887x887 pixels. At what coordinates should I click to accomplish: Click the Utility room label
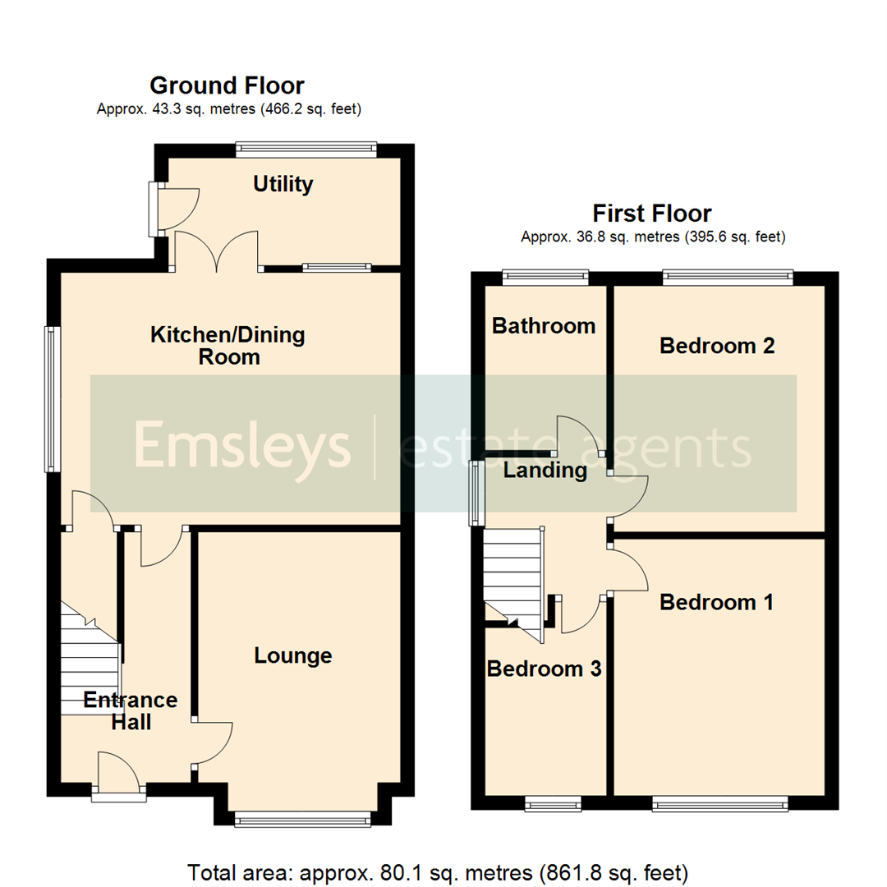tap(283, 184)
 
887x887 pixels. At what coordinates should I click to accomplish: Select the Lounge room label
tap(293, 655)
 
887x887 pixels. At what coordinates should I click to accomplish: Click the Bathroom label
tap(543, 326)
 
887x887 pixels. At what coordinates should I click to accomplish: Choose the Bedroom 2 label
tap(717, 346)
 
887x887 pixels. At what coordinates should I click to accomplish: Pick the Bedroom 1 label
tap(716, 603)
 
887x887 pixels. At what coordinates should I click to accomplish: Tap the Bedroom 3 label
tap(544, 669)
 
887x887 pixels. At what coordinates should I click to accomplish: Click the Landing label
tap(545, 471)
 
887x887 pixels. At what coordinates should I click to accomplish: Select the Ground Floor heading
tap(227, 85)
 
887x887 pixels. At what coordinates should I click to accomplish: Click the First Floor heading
tap(653, 214)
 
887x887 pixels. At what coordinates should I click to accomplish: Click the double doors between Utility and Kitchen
tap(217, 252)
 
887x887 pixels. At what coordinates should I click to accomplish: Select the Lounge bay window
tap(301, 818)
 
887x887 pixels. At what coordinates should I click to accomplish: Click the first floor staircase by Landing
tap(512, 575)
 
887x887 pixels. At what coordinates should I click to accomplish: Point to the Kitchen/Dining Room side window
tap(53, 398)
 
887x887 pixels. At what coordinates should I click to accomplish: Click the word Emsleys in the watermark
tap(242, 446)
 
